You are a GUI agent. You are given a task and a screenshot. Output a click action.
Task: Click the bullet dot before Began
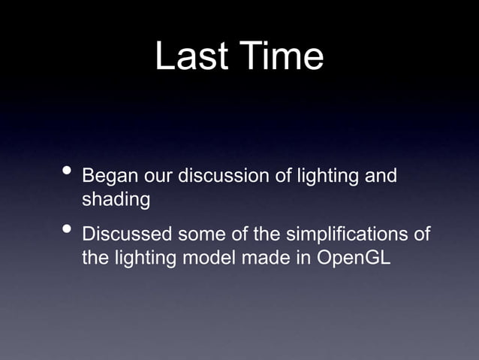point(68,174)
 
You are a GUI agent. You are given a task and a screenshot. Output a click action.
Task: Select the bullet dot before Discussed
point(68,231)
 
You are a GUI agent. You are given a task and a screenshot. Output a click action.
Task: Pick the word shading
point(115,201)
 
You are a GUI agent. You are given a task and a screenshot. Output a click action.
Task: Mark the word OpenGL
point(353,258)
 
